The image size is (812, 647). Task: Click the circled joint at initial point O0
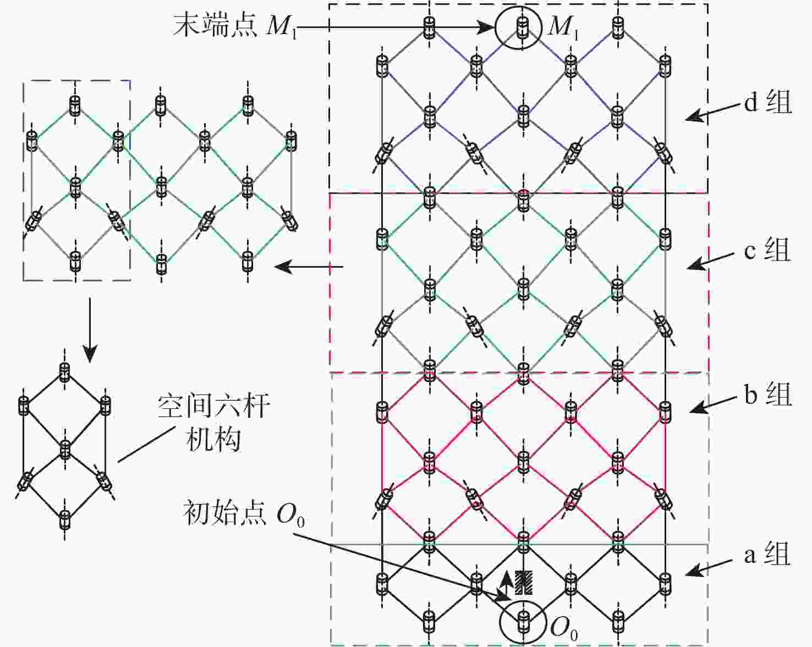pyautogui.click(x=523, y=621)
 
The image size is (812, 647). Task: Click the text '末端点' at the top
pyautogui.click(x=215, y=26)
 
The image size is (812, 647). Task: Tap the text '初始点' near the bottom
pyautogui.click(x=226, y=513)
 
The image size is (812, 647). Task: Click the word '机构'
pyautogui.click(x=213, y=440)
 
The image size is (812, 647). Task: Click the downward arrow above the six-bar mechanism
pyautogui.click(x=90, y=330)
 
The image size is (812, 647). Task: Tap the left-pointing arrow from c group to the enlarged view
pyautogui.click(x=309, y=267)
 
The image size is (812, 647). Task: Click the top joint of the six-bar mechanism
pyautogui.click(x=65, y=372)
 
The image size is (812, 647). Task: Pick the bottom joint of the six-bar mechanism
pyautogui.click(x=65, y=519)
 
